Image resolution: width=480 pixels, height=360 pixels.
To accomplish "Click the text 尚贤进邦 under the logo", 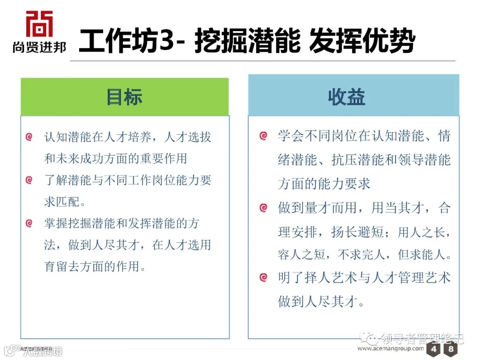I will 39,47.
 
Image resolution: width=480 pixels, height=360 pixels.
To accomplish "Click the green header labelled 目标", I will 124,97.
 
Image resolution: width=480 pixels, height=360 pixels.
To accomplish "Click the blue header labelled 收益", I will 347,97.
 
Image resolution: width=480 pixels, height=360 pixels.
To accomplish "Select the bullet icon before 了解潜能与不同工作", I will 29,180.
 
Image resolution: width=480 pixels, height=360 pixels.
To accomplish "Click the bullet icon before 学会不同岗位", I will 263,136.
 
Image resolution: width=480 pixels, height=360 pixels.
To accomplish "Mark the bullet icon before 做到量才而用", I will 263,208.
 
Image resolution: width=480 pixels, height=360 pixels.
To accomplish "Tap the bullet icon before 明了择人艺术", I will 263,278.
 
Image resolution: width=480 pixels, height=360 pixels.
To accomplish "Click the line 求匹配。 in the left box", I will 65,202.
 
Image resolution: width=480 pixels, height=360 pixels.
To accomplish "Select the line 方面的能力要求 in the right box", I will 324,184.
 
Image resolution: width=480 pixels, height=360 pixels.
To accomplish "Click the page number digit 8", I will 451,349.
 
